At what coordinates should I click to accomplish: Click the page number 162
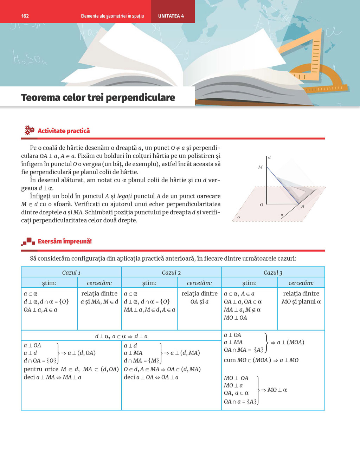tap(25, 16)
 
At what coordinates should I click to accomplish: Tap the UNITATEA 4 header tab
tap(171, 16)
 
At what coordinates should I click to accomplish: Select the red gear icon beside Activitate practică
tap(29, 130)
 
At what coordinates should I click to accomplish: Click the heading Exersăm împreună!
tap(65, 241)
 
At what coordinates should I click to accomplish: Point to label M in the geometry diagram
tap(260, 167)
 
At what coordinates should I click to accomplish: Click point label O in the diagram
tap(261, 204)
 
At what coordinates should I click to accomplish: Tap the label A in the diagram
tap(302, 206)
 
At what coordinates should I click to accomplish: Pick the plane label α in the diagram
tap(239, 217)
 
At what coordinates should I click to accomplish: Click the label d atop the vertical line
tap(269, 157)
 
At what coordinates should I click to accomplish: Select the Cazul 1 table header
tap(71, 273)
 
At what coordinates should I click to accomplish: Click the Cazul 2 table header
tap(171, 273)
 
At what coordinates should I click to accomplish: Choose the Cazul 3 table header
tap(273, 273)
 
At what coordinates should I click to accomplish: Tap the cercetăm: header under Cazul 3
tap(301, 283)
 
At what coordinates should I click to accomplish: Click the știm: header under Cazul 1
tap(49, 283)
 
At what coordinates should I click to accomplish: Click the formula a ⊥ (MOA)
tap(290, 342)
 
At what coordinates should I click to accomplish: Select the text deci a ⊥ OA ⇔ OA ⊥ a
tap(151, 377)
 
